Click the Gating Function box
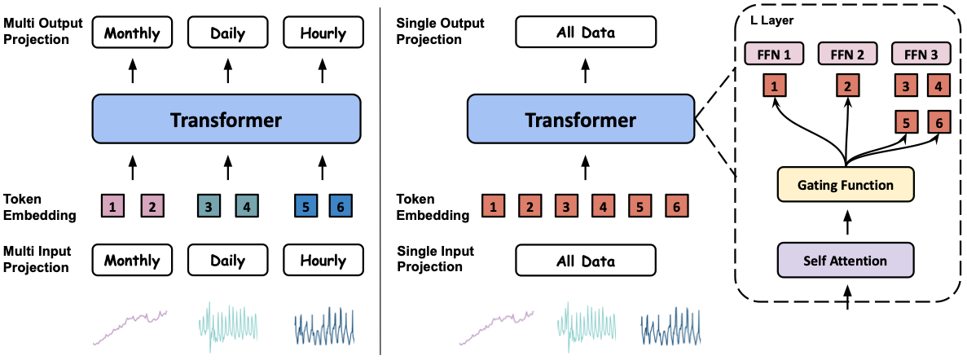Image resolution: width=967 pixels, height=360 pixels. [845, 184]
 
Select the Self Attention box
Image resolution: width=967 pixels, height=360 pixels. [845, 260]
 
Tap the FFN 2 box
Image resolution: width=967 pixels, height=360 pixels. [847, 54]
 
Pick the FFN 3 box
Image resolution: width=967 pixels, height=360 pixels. [921, 54]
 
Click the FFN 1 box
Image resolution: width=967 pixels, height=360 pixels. [774, 54]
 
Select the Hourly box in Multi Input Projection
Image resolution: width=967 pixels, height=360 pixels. [323, 261]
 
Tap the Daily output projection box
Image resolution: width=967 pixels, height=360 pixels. [227, 33]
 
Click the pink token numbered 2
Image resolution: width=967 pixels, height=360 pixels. [152, 207]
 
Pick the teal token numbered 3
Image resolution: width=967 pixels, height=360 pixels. [209, 207]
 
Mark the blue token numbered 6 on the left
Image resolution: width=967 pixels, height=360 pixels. [340, 207]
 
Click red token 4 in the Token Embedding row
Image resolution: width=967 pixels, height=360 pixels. [603, 207]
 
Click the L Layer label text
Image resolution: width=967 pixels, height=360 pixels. [772, 19]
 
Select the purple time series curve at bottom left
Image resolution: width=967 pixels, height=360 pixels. [130, 326]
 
